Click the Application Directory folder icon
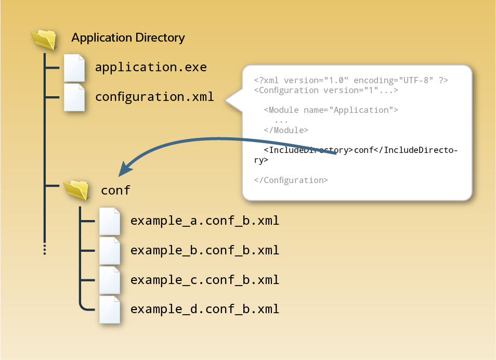coord(44,40)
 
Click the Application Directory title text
coord(128,38)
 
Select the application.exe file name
coord(151,68)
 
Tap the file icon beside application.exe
coord(74,68)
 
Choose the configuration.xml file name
coord(154,97)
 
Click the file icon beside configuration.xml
coord(74,97)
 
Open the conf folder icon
coord(76,190)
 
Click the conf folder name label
coord(115,190)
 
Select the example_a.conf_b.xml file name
coord(205,221)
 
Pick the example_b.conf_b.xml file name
coord(205,250)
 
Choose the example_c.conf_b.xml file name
coord(205,280)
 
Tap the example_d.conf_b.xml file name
coord(205,309)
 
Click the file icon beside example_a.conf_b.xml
coord(110,221)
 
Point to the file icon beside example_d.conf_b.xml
coord(110,309)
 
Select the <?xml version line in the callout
coord(351,81)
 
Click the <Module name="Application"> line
coord(331,110)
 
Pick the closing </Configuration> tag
coord(291,180)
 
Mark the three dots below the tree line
coord(45,249)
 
